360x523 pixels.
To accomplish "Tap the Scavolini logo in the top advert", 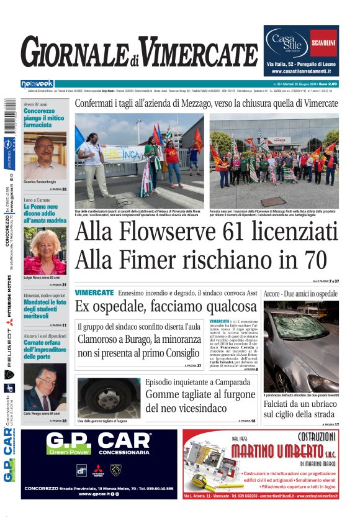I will coord(323,42).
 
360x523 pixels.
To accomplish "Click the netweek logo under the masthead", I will coord(37,84).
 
